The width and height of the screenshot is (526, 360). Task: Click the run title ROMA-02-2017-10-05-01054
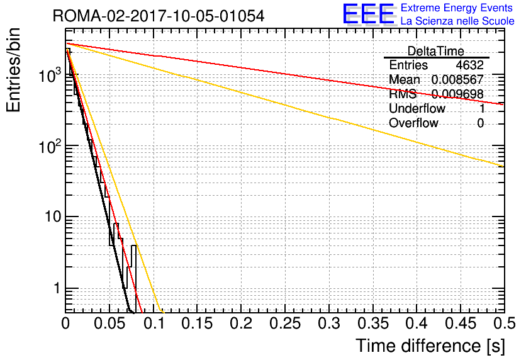pyautogui.click(x=159, y=15)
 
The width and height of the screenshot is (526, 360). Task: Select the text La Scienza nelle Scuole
pyautogui.click(x=457, y=21)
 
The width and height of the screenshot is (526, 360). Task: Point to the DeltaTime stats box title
pyautogui.click(x=436, y=51)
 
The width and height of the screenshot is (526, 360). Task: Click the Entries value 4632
pyautogui.click(x=470, y=65)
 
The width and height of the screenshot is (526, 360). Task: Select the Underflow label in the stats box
pyautogui.click(x=417, y=109)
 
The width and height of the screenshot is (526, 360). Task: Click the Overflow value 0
pyautogui.click(x=480, y=123)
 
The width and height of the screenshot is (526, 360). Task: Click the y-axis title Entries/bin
pyautogui.click(x=15, y=71)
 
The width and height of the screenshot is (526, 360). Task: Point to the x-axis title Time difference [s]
pyautogui.click(x=430, y=346)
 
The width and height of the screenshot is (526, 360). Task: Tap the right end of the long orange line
pyautogui.click(x=502, y=166)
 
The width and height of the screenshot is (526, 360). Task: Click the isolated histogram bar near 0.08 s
pyautogui.click(x=133, y=277)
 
